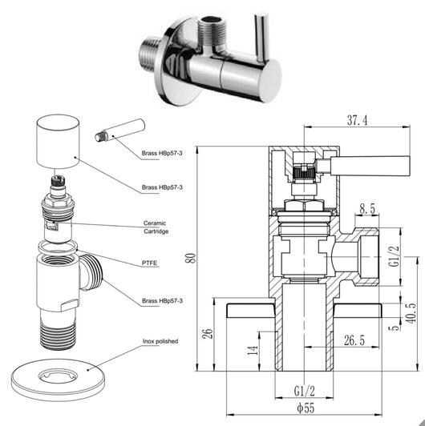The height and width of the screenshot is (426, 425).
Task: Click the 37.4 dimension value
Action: click(357, 120)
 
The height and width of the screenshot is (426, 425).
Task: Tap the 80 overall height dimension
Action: click(191, 258)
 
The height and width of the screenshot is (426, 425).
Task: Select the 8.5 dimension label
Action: click(367, 209)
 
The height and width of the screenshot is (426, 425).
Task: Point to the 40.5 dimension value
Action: click(411, 313)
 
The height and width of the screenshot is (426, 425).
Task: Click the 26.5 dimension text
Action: click(354, 340)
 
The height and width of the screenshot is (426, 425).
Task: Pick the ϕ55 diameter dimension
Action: click(306, 408)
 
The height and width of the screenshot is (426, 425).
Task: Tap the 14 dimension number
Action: click(253, 350)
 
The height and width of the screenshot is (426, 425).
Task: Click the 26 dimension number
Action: click(207, 333)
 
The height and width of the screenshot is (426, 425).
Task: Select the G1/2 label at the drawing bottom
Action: click(305, 392)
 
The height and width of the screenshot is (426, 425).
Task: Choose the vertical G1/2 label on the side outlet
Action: click(395, 256)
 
